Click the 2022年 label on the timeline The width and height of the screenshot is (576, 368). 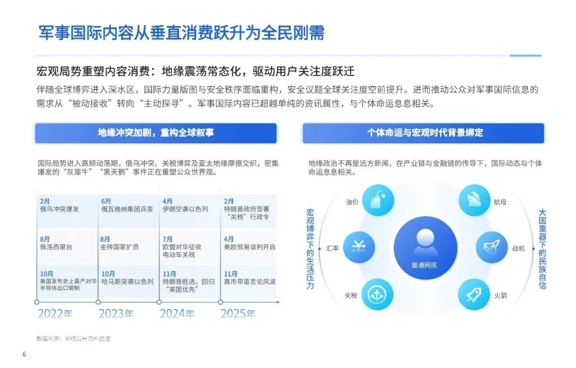(x=55, y=314)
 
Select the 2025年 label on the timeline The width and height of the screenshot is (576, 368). (x=238, y=314)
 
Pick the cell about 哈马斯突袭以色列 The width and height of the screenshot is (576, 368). (x=127, y=281)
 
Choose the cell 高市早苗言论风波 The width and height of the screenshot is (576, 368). (x=249, y=281)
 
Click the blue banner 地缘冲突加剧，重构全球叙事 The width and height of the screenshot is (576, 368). (x=156, y=133)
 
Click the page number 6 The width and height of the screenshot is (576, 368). (x=24, y=355)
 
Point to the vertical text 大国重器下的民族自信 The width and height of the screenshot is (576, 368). (x=542, y=248)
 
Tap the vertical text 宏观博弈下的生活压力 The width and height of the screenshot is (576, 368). (x=310, y=248)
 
